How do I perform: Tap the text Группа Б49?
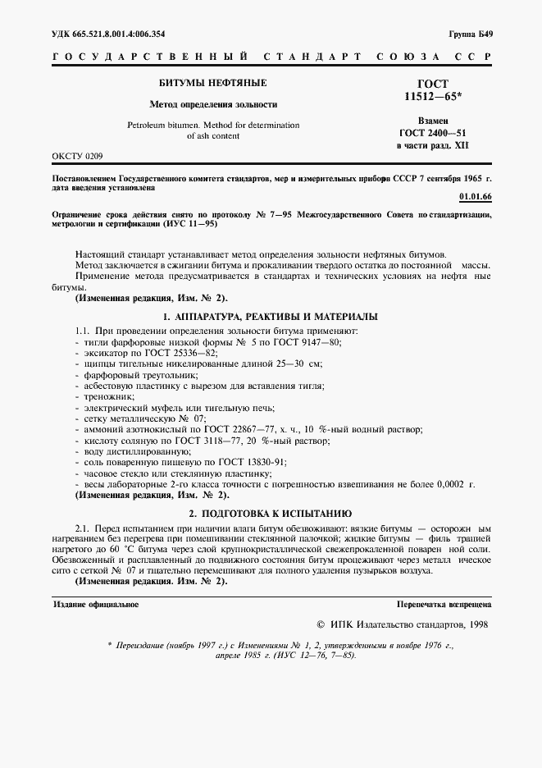pyautogui.click(x=471, y=34)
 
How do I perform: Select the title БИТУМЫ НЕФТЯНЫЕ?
pyautogui.click(x=212, y=84)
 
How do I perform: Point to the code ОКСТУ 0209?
pyautogui.click(x=78, y=154)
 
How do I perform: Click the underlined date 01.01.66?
pyautogui.click(x=476, y=198)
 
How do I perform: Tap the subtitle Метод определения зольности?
pyautogui.click(x=212, y=105)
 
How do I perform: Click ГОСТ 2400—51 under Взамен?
pyautogui.click(x=432, y=133)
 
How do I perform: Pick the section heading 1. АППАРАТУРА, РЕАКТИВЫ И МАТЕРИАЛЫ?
pyautogui.click(x=270, y=316)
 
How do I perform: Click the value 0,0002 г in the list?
pyautogui.click(x=456, y=485)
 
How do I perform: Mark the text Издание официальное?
pyautogui.click(x=96, y=604)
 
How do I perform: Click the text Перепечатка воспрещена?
pyautogui.click(x=443, y=604)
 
